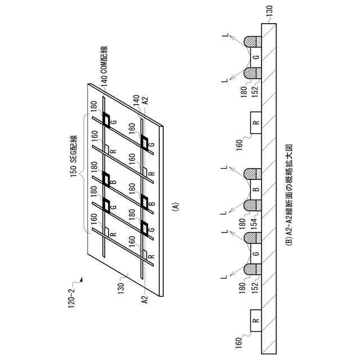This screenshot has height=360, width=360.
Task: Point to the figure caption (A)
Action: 175,206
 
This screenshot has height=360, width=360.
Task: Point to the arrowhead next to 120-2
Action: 82,277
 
